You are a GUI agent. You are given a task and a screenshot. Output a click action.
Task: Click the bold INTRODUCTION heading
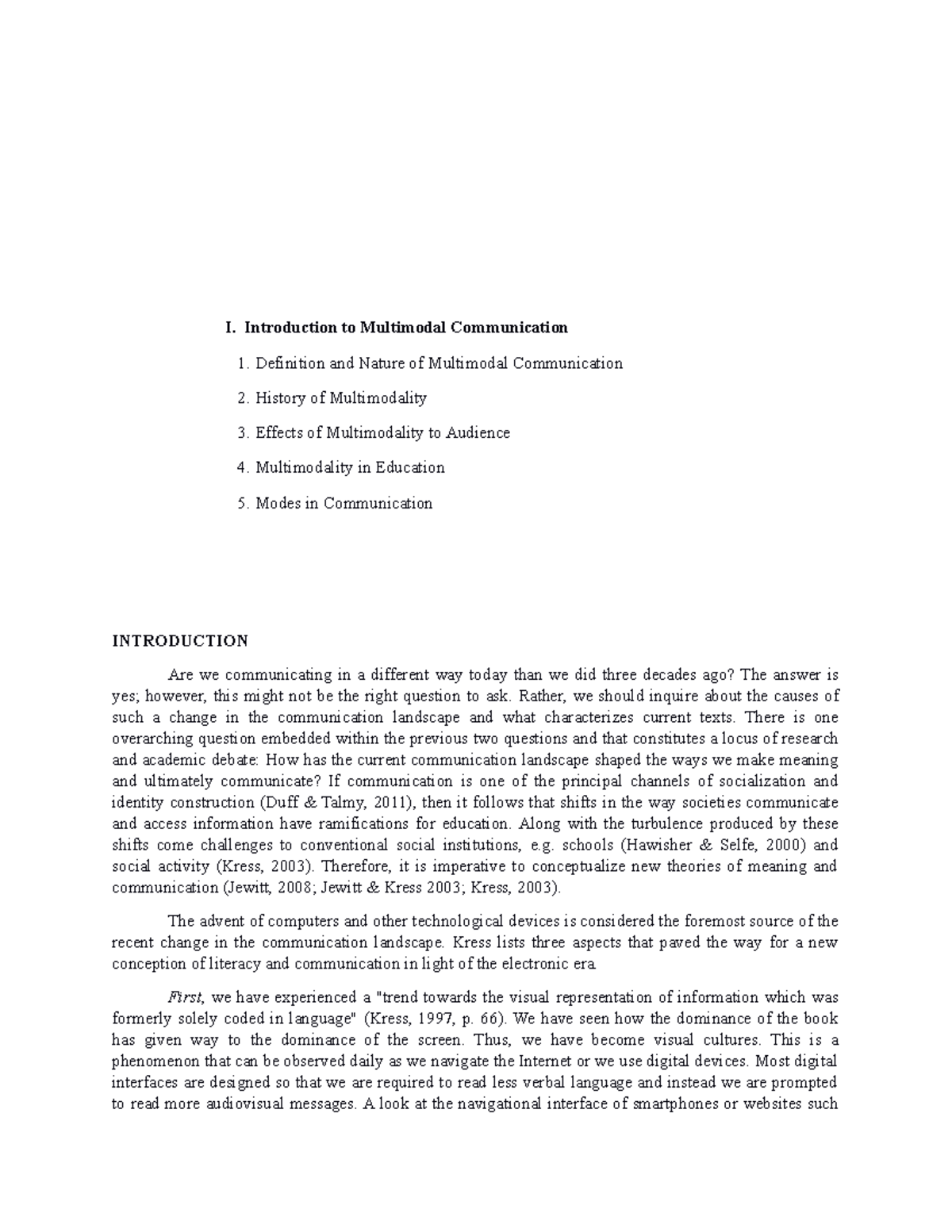(180, 640)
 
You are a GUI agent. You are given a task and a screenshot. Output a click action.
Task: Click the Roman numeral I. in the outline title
(230, 327)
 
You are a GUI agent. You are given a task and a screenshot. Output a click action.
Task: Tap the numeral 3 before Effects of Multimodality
(241, 432)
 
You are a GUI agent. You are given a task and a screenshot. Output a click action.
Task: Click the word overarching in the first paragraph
(149, 739)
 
